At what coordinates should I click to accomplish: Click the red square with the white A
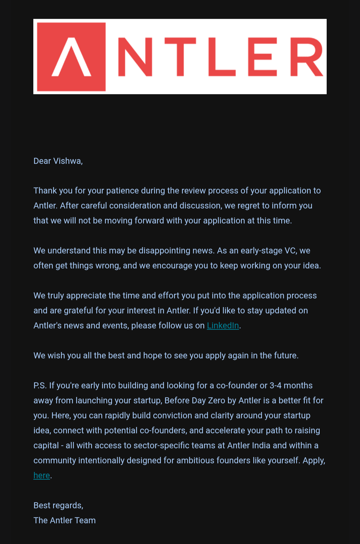click(71, 57)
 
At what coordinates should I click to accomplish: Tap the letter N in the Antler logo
click(135, 57)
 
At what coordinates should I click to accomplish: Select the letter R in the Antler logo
click(306, 57)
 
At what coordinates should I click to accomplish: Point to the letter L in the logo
click(221, 57)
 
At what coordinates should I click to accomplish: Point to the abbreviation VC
click(290, 251)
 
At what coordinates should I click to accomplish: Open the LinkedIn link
click(223, 326)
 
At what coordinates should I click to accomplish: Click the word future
click(285, 356)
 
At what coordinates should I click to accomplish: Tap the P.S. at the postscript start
click(40, 386)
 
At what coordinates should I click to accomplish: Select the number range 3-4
click(275, 386)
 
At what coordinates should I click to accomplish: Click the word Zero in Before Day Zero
click(216, 401)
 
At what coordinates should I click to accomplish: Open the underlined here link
click(42, 476)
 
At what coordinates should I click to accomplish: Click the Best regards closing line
click(58, 506)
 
